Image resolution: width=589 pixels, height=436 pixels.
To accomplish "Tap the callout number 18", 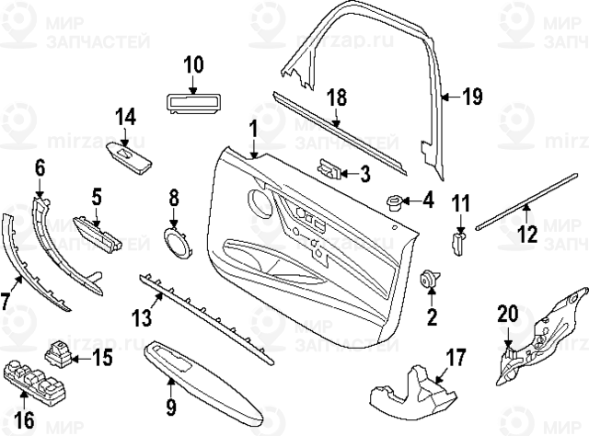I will point(338,98).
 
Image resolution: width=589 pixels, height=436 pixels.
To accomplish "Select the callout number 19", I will point(472,96).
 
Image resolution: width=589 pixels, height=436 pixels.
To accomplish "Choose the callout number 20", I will point(508,316).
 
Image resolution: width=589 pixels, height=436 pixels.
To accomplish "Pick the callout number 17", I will point(457,357).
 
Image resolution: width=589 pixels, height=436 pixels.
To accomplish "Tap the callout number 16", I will point(24,419).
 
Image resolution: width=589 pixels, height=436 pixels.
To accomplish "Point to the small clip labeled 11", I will point(459,240).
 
